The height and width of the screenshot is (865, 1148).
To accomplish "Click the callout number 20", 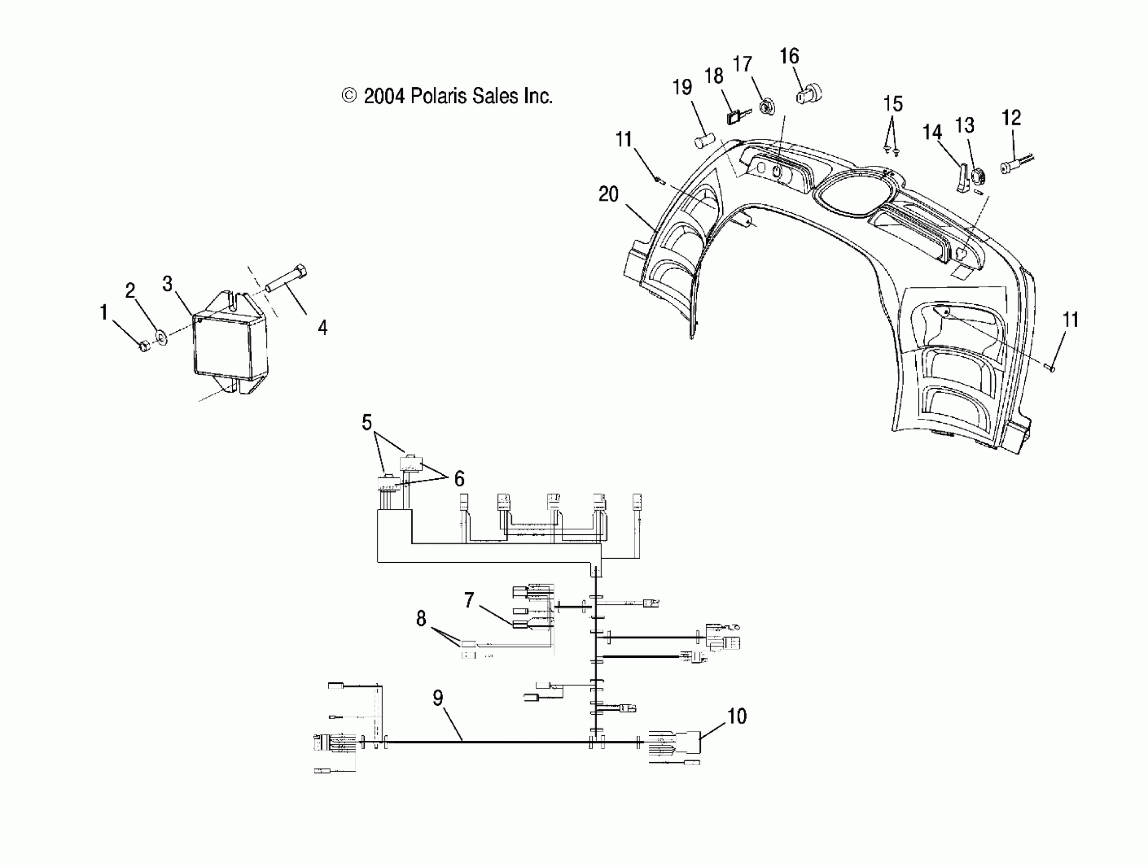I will [608, 195].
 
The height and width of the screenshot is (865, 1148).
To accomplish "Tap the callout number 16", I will [789, 56].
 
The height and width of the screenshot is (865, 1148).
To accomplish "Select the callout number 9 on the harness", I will [438, 698].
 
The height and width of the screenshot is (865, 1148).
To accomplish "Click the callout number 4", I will [322, 328].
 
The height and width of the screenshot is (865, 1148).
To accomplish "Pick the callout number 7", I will [469, 600].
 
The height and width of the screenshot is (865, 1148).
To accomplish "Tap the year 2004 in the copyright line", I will [384, 97].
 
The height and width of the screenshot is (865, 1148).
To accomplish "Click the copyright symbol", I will [349, 96].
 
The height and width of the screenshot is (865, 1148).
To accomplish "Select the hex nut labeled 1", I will [144, 345].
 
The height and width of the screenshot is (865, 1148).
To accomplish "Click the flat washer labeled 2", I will [161, 339].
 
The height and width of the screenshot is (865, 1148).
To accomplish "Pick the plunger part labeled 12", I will [1012, 165].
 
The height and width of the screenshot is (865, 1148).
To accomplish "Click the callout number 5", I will [367, 423].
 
